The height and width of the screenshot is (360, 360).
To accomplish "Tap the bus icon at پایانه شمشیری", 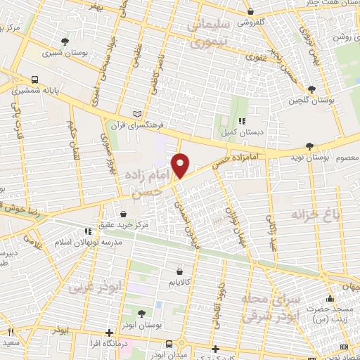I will point(35,79).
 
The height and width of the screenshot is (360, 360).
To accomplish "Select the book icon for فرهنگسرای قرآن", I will point(138,113).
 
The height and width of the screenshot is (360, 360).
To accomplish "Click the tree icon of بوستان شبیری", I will point(65,41).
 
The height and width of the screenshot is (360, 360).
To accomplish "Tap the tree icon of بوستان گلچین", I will point(311,89).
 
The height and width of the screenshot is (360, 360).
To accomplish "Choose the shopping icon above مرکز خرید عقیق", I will point(124,214).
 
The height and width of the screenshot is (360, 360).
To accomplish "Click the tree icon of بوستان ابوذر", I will point(142,313).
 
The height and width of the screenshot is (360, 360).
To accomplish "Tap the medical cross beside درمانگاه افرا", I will point(109,333).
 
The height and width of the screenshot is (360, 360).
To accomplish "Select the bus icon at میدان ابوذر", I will point(169,343).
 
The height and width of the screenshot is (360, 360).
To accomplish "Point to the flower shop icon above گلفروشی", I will point(251,12).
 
